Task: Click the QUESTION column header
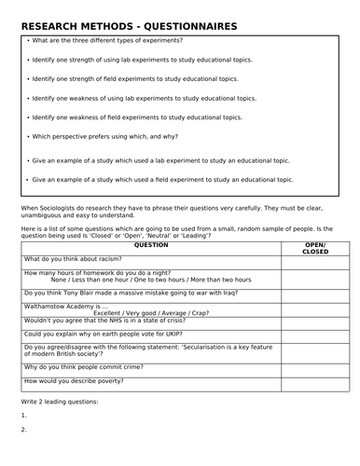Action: click(151, 244)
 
